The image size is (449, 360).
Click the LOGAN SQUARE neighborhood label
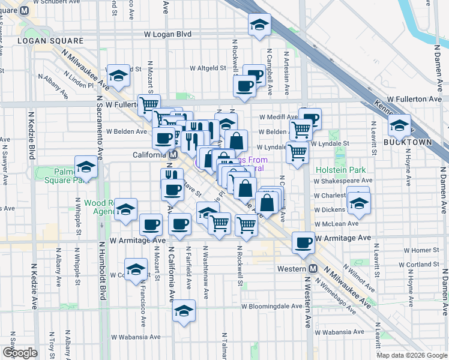pos(50,41)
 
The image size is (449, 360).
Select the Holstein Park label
pos(340,170)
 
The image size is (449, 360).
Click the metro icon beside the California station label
pos(173,154)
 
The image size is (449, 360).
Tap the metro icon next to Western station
pos(313,268)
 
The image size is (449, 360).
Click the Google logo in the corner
pos(20,353)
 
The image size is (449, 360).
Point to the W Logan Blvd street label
pos(167,34)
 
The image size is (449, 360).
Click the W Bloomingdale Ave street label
pos(272,306)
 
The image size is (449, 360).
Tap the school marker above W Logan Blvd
pos(260,25)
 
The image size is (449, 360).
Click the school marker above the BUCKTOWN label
pos(399,125)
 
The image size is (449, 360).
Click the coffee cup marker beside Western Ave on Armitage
pos(303,242)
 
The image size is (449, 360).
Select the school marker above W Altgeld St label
pos(119,75)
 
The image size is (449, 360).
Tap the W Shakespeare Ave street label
pos(343,180)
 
